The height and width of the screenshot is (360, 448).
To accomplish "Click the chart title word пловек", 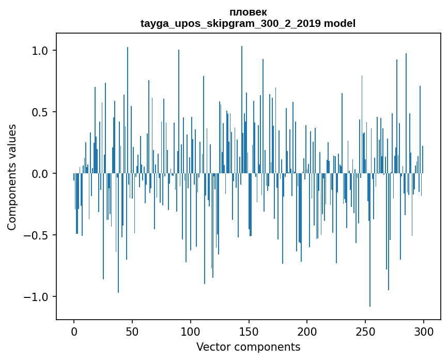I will pos(248,12).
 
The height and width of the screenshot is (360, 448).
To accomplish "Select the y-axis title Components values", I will pos(12,177).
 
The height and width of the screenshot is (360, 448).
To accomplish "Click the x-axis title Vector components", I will pos(248,347).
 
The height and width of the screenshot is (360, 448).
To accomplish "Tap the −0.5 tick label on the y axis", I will pos(38,235).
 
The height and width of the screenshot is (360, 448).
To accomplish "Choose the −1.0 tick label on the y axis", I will pos(38,297).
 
